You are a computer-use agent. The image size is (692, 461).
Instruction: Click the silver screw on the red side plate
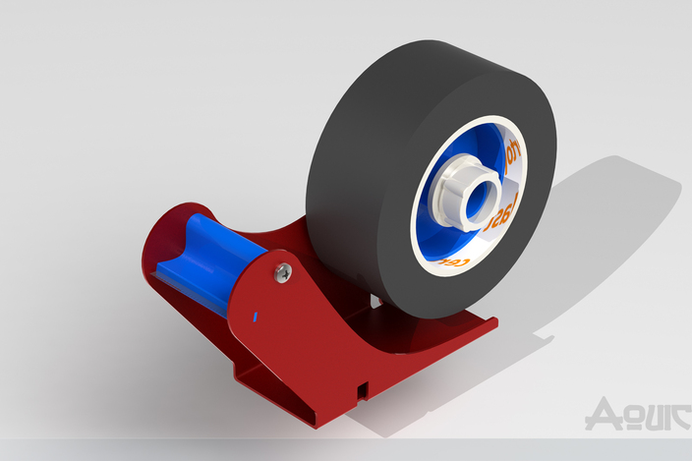pos(283,271)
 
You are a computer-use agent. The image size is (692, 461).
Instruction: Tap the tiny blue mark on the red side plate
pos(256,317)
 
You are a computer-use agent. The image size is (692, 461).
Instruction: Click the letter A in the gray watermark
pos(600,414)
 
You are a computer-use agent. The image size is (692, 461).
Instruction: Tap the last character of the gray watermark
pos(669,414)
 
